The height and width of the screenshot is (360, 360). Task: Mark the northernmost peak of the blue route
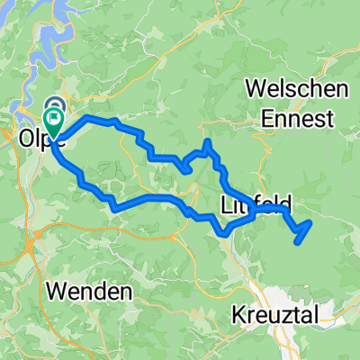point(207,141)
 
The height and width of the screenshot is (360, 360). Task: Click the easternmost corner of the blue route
point(310,221)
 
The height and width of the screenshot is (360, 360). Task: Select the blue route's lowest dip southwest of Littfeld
point(224,234)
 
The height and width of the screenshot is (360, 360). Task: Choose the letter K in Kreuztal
point(239,315)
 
